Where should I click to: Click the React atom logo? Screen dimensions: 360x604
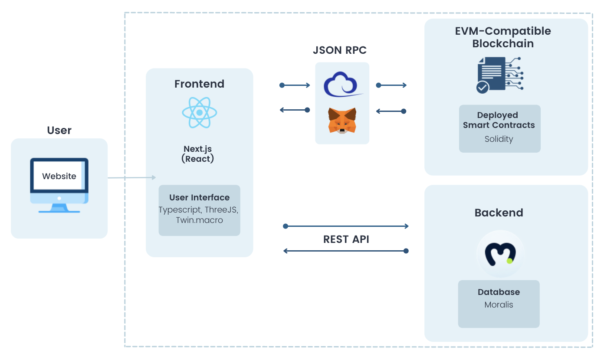tap(199, 112)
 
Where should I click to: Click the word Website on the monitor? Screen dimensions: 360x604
tap(59, 176)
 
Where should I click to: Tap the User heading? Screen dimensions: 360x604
tap(59, 130)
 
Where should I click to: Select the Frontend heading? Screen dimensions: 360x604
tap(199, 84)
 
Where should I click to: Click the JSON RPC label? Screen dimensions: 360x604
tap(340, 50)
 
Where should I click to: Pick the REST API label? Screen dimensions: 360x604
tap(346, 239)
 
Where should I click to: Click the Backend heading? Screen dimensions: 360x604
tap(499, 213)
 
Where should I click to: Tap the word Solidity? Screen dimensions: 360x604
tap(499, 139)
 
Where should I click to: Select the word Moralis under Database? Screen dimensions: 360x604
tap(499, 305)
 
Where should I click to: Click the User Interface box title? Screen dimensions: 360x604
tap(199, 197)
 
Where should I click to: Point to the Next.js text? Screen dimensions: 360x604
tap(197, 149)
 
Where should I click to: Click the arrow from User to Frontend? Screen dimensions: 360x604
tap(131, 177)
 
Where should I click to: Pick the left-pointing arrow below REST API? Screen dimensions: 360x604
tap(346, 251)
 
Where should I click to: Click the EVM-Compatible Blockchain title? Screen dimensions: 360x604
tap(502, 37)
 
